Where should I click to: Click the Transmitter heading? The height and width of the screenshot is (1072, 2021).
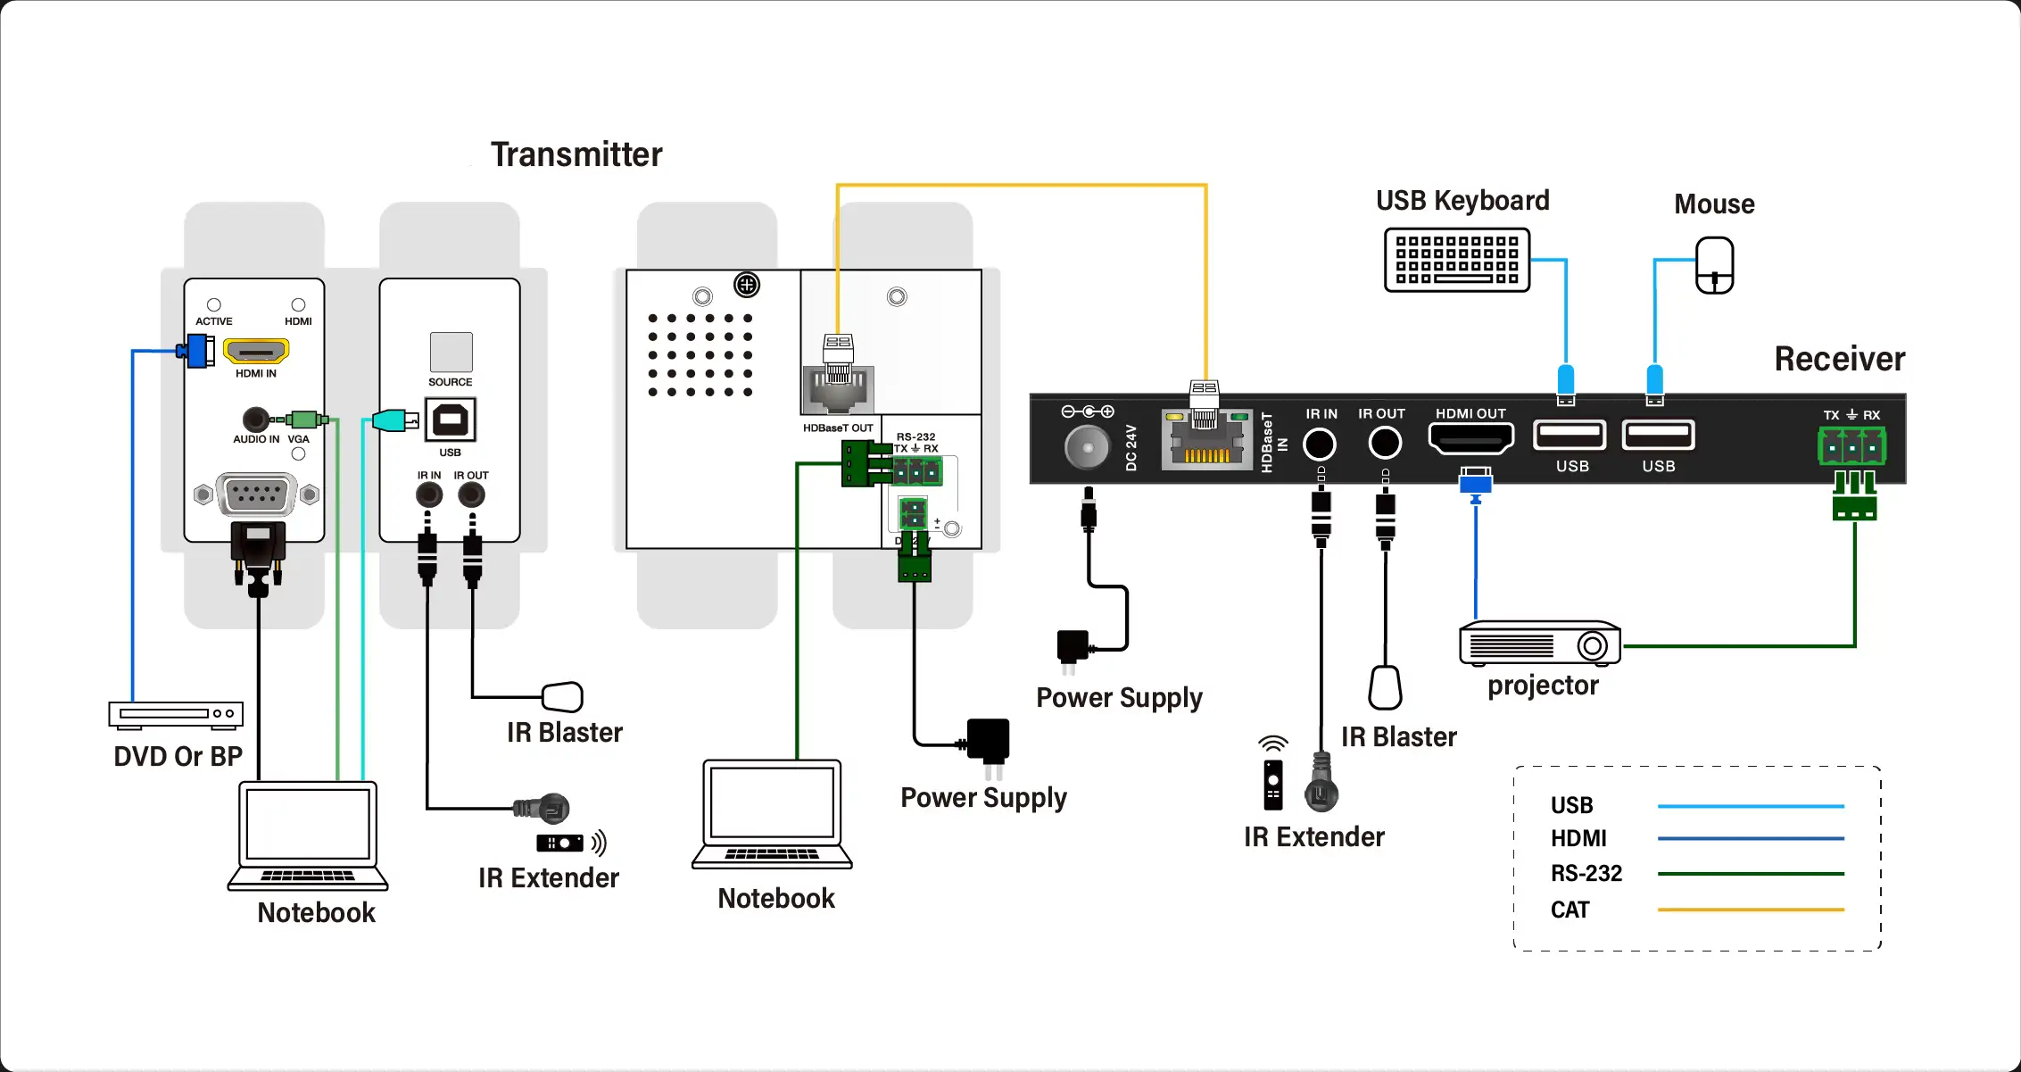[x=576, y=154]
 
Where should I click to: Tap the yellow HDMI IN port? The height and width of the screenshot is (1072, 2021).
[x=256, y=351]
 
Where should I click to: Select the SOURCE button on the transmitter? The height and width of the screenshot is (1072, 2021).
[x=451, y=353]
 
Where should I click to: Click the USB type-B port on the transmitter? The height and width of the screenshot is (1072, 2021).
[x=451, y=420]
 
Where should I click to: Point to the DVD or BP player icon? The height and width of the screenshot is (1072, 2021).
[x=176, y=714]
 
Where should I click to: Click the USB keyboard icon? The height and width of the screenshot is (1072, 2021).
[x=1457, y=260]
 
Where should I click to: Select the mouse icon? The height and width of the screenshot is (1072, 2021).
[x=1714, y=265]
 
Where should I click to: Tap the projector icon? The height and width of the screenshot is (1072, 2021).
[x=1540, y=644]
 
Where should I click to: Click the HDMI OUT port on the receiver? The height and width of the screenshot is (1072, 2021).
[x=1471, y=438]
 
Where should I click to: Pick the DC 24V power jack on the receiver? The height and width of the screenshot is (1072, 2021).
[x=1087, y=446]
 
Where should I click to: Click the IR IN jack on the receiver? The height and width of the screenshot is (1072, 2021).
[x=1320, y=444]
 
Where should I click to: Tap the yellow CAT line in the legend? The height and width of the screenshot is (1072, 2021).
[x=1750, y=910]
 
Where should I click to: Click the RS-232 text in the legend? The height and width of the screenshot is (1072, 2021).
[x=1586, y=873]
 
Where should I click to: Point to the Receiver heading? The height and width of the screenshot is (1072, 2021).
[x=1839, y=359]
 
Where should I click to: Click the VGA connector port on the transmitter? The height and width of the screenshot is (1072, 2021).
[x=256, y=494]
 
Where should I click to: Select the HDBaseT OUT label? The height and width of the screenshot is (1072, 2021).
[x=838, y=428]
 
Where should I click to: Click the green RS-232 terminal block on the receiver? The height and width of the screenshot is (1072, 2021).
[x=1851, y=446]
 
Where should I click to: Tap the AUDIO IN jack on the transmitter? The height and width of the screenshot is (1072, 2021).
[x=256, y=419]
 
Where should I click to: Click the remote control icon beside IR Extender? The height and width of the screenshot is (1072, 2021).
[x=1273, y=785]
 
